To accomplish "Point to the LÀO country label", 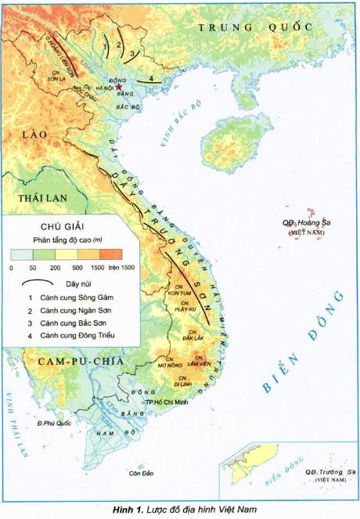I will click(x=35, y=135).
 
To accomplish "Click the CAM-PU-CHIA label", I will click(x=69, y=361).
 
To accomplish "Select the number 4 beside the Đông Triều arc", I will click(x=150, y=79).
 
